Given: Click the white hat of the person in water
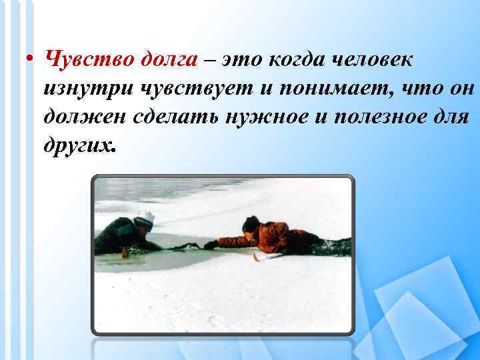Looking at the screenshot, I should [145, 217].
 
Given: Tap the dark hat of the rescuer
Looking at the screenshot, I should [251, 223].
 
